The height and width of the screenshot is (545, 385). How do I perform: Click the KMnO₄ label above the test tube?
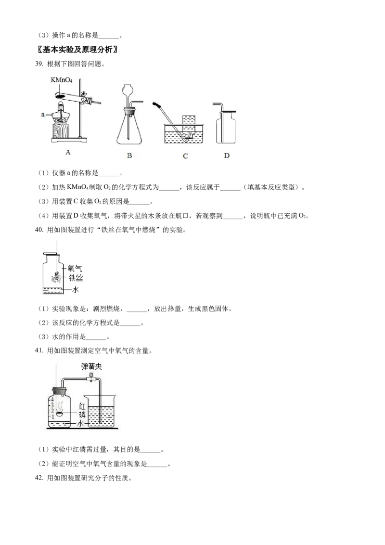[x=65, y=80]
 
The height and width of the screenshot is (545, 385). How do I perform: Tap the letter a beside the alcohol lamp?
[x=42, y=114]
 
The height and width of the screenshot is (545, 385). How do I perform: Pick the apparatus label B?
[x=129, y=156]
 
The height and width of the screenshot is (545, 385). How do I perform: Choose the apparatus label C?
[x=185, y=156]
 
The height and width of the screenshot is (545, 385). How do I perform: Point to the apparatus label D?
[x=227, y=156]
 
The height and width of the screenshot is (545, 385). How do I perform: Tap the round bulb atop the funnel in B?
[x=128, y=91]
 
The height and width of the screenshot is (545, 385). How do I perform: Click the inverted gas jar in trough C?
[x=188, y=124]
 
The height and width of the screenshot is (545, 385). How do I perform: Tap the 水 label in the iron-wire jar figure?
[x=76, y=290]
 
